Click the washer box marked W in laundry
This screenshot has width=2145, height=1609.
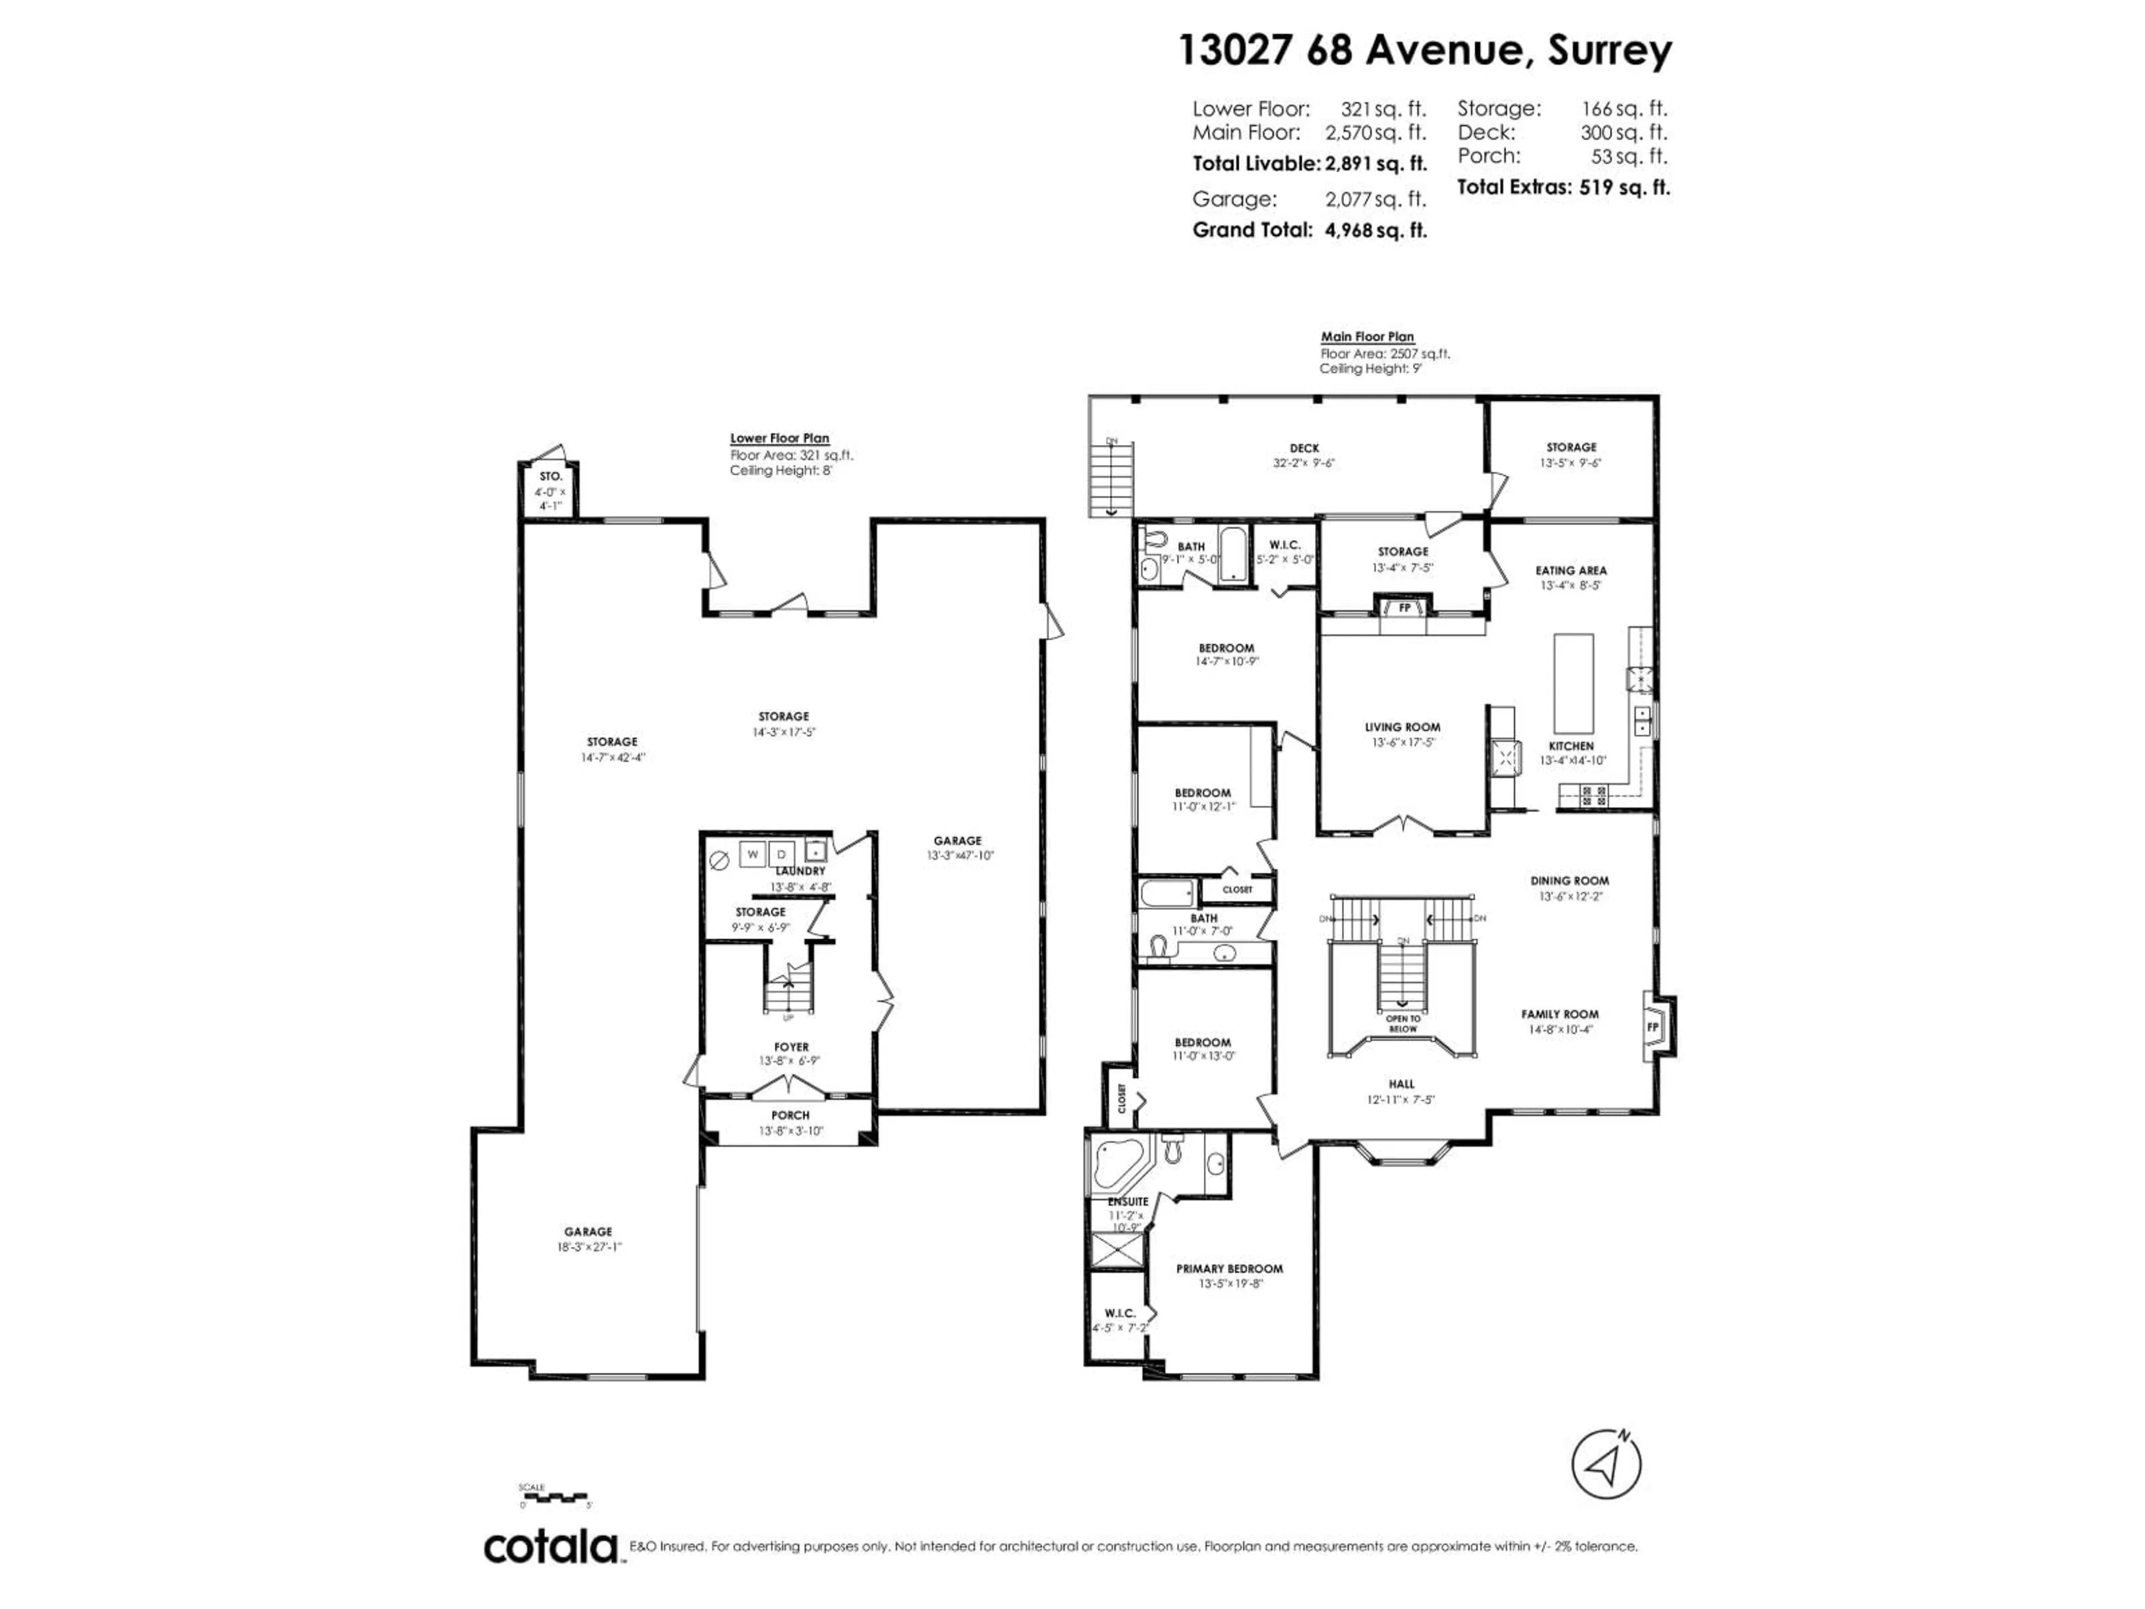[x=752, y=854]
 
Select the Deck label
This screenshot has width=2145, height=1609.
[x=1304, y=448]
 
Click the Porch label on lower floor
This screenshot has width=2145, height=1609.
[x=790, y=1115]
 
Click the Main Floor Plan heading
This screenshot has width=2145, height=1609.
[x=1367, y=336]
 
